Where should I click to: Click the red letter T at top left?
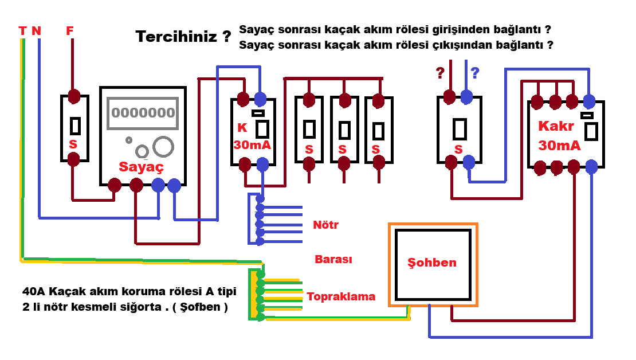[22, 31]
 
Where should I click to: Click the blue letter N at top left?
[37, 31]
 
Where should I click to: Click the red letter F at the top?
[70, 31]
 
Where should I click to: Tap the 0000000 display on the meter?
[143, 112]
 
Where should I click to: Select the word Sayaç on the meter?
[141, 167]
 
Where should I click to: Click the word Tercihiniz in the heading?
[176, 37]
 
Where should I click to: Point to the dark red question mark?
[440, 73]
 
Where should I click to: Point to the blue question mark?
[474, 73]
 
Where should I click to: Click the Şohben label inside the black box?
[432, 263]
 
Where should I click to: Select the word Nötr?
[325, 225]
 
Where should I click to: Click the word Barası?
[333, 259]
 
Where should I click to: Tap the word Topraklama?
[341, 296]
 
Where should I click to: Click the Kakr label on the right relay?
[556, 126]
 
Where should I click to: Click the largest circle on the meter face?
[164, 146]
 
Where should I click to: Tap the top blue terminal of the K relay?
[261, 99]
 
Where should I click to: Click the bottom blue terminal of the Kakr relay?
[591, 167]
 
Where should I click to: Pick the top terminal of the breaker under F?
[73, 96]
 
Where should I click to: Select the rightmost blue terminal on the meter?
[174, 185]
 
